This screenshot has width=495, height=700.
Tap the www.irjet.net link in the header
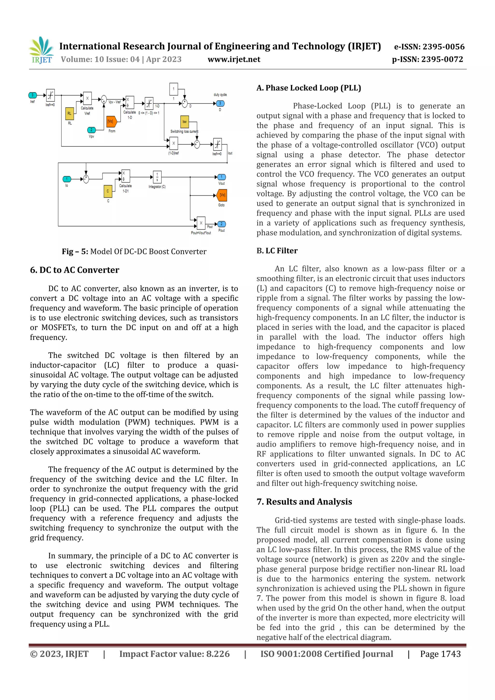tap(234, 59)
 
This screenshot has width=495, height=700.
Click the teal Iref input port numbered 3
tap(32, 95)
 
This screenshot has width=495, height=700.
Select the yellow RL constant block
tap(70, 113)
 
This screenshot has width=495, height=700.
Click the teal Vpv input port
tap(91, 130)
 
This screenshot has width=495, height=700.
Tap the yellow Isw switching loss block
tap(184, 121)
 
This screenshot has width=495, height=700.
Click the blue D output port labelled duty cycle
tap(220, 103)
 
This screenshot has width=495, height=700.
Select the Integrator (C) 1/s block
tap(157, 177)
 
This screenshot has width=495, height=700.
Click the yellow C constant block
tap(108, 191)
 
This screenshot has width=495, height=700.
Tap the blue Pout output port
tap(221, 224)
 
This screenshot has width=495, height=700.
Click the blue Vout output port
tap(221, 177)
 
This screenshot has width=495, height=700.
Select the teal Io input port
tap(66, 179)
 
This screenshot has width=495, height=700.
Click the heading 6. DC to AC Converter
tap(74, 270)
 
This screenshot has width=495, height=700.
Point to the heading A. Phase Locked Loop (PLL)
tap(309, 88)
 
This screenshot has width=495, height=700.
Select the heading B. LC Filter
tap(277, 251)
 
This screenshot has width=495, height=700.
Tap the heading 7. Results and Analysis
tap(304, 502)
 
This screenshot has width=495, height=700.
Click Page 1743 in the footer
tap(440, 654)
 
